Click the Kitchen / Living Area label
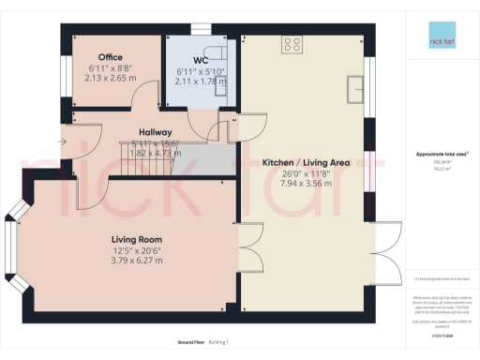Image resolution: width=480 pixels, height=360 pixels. point(306,162)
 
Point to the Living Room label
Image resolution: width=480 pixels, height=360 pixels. point(138,239)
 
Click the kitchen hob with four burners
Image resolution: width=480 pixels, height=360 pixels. point(292,42)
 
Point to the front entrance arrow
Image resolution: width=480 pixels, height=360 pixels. point(61,142)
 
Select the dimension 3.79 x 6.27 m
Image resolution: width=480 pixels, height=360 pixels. point(138,260)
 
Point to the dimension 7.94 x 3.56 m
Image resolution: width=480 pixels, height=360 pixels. point(306,184)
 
